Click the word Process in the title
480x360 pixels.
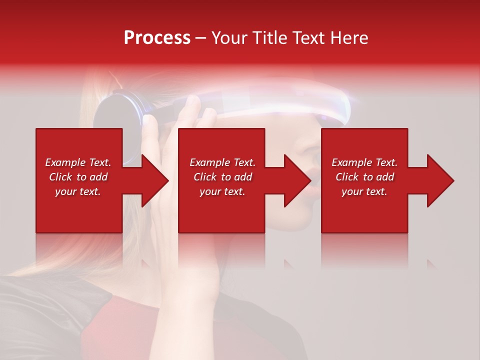(157, 38)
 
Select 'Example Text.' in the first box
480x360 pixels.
(78, 162)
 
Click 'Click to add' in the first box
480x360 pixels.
(78, 177)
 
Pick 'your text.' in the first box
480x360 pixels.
(78, 191)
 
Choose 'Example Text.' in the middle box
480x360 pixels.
(222, 162)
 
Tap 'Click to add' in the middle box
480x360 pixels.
(222, 177)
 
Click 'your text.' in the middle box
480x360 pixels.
(222, 191)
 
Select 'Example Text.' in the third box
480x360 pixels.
(364, 162)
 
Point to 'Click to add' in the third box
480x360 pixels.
(364, 177)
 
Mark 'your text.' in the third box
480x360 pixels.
(364, 191)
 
